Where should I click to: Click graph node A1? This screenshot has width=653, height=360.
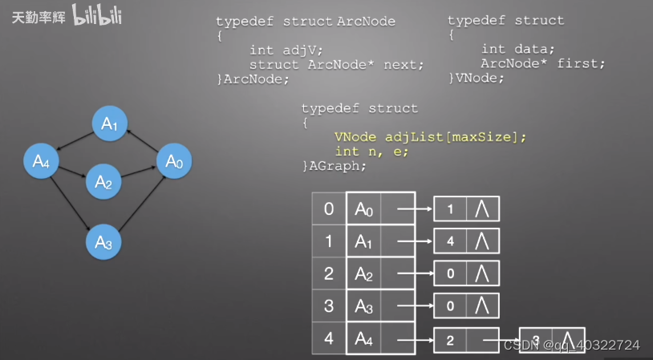click(x=109, y=123)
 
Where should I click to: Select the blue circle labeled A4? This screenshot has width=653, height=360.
click(x=41, y=162)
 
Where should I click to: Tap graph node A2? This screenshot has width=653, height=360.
click(x=103, y=181)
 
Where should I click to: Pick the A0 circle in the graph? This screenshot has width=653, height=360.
click(x=174, y=162)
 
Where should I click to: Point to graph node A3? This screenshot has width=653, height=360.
click(x=103, y=240)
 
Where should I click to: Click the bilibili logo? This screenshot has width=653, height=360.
click(x=96, y=16)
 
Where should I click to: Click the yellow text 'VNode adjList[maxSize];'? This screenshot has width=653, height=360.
click(x=430, y=137)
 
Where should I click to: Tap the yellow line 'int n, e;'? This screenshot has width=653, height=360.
click(x=371, y=152)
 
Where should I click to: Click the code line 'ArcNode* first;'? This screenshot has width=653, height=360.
click(x=542, y=63)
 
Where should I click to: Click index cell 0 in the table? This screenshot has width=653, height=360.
click(x=329, y=209)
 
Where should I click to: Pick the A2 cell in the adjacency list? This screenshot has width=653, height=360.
click(x=364, y=273)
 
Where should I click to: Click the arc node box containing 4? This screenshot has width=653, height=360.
click(x=450, y=241)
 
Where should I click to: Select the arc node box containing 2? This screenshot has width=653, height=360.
click(x=450, y=340)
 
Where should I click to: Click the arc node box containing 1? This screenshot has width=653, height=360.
click(x=450, y=209)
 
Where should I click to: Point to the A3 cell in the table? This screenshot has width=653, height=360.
click(x=364, y=305)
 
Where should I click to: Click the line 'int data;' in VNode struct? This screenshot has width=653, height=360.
click(x=517, y=50)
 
